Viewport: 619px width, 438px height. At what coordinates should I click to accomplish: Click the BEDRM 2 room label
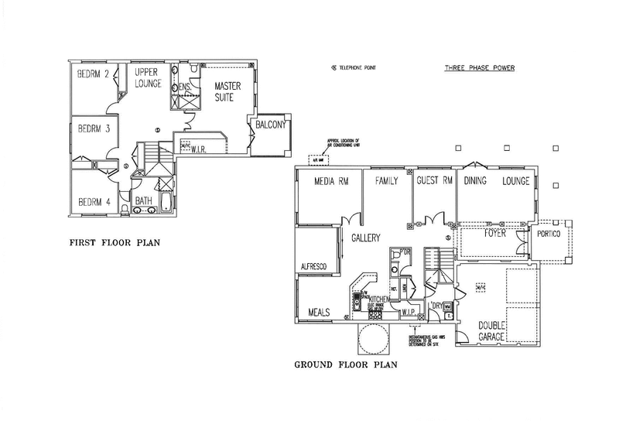point(92,74)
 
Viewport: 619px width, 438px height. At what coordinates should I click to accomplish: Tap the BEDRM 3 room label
point(92,129)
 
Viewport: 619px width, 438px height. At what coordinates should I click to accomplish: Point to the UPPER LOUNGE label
point(146,77)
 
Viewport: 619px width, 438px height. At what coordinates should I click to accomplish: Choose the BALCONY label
point(268,125)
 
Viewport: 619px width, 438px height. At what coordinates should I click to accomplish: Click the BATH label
point(144,200)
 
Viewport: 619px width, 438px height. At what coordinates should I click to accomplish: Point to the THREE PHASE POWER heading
point(480,68)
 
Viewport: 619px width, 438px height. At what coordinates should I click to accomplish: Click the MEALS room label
point(320,313)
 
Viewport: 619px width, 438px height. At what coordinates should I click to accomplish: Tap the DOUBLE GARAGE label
point(492,331)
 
